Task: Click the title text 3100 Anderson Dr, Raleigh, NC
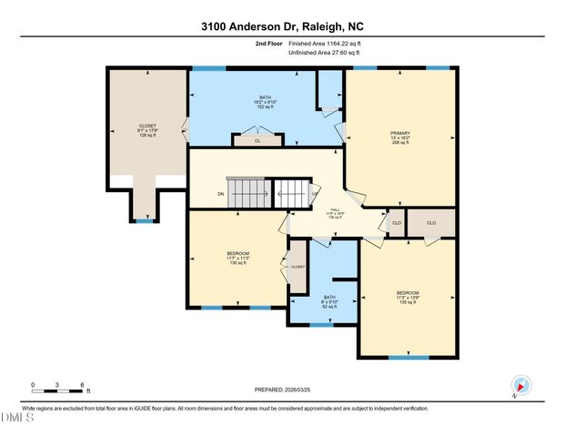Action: [282, 27]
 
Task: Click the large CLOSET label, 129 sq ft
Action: [146, 128]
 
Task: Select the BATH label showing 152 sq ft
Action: [267, 101]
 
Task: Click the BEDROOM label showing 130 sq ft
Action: [237, 258]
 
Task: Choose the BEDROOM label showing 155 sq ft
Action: [407, 298]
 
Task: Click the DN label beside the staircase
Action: [220, 194]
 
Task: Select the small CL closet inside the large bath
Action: [257, 141]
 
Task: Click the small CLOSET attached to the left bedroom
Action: [298, 267]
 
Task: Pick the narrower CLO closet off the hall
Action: [396, 222]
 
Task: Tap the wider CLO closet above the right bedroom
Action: [431, 222]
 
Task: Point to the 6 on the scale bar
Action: [83, 386]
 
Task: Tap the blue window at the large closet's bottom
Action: [145, 220]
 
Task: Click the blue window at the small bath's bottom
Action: [322, 324]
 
